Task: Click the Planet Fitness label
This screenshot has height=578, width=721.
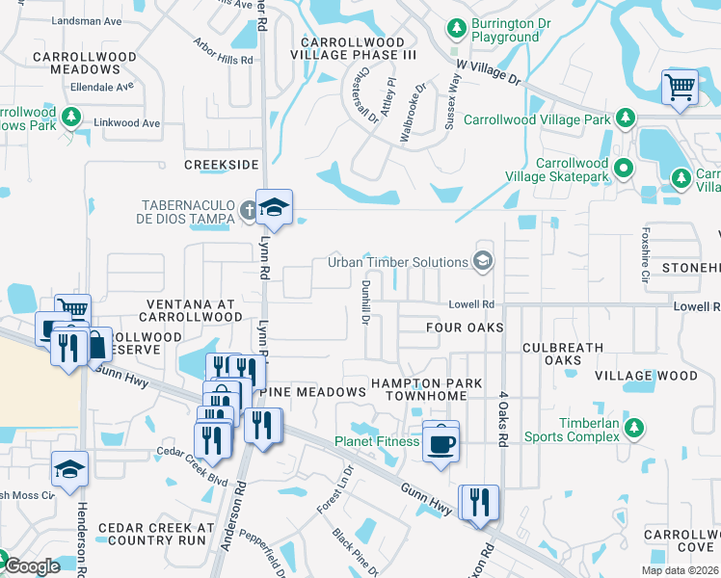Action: click(377, 441)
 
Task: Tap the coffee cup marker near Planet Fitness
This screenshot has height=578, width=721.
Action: click(441, 442)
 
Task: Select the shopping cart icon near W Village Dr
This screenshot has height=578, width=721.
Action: click(680, 88)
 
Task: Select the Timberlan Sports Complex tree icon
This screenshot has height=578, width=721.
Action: click(633, 428)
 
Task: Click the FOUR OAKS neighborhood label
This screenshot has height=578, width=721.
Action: click(466, 328)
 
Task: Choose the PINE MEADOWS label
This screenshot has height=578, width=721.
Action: click(312, 391)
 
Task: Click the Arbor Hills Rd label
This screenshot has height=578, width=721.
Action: click(223, 59)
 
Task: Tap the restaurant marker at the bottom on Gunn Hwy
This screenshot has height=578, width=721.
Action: click(479, 502)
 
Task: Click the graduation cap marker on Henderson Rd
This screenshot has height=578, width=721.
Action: click(70, 469)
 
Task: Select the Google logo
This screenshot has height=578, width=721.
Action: click(31, 566)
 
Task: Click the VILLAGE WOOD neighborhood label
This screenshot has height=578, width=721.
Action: click(646, 375)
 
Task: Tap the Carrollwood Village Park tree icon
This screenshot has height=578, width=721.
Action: click(626, 118)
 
